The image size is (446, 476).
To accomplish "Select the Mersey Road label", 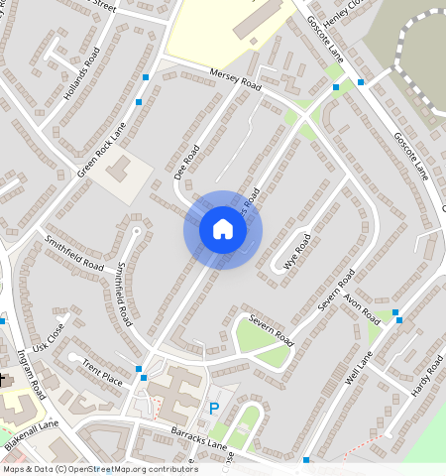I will point(235,79).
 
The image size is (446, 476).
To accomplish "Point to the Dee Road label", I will point(187,162).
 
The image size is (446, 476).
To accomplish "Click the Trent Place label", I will point(102,373).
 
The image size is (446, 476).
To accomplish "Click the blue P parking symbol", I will point(213,409).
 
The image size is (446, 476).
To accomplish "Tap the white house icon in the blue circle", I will point(223,230).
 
